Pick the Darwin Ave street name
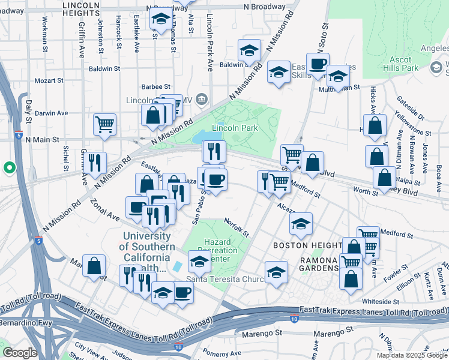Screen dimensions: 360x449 pyautogui.click(x=52, y=113)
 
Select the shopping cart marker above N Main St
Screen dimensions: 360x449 pyautogui.click(x=104, y=125)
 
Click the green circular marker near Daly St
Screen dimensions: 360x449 pyautogui.click(x=10, y=167)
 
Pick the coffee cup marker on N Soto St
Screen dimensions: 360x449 pyautogui.click(x=318, y=64)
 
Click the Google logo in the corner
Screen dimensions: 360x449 pyautogui.click(x=19, y=353)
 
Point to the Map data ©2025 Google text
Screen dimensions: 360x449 pyautogui.click(x=412, y=355)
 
